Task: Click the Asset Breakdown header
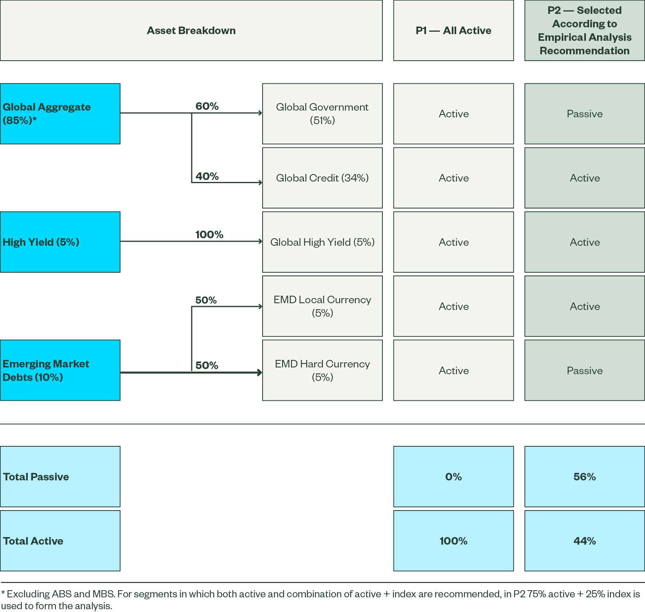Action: [x=191, y=31]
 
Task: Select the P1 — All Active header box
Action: [x=453, y=31]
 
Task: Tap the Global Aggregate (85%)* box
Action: [x=60, y=114]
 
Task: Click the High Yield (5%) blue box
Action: [x=60, y=242]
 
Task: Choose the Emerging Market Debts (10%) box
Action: [x=60, y=370]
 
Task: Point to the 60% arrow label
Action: [x=207, y=106]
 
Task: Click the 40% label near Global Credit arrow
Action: [x=207, y=176]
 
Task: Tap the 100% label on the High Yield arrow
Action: [x=209, y=235]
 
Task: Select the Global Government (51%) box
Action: [x=322, y=114]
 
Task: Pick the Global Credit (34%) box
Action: [x=322, y=178]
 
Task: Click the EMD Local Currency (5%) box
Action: [x=322, y=306]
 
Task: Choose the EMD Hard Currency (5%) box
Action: [x=322, y=370]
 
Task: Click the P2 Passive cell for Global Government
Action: [x=584, y=114]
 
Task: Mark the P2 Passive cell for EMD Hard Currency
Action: [x=584, y=370]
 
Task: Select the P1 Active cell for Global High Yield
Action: [x=453, y=242]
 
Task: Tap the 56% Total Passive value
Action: [x=584, y=477]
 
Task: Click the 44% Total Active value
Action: [x=584, y=541]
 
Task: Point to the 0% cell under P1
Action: [x=453, y=477]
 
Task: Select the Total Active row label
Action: [x=60, y=541]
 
